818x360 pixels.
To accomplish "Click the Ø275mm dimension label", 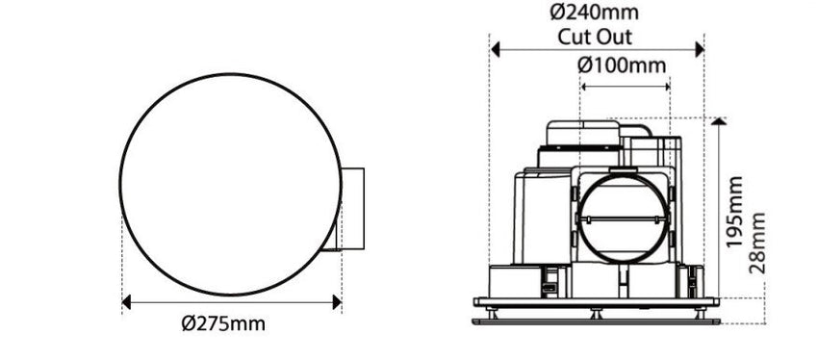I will click(x=222, y=323).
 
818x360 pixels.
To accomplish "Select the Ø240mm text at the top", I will click(x=595, y=13).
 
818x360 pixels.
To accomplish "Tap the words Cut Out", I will click(x=595, y=38).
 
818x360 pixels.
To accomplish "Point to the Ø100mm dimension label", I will click(x=622, y=65).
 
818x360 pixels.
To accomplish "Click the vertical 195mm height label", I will click(x=735, y=212).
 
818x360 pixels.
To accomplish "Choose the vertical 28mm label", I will click(x=757, y=243).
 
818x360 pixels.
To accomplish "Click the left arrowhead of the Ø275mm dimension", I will click(x=126, y=302).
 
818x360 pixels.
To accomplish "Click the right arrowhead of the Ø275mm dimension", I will click(x=337, y=302).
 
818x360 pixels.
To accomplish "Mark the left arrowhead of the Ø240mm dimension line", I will click(x=495, y=49).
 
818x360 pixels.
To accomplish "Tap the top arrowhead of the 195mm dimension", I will click(x=719, y=122).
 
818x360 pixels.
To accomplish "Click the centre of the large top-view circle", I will click(x=231, y=185).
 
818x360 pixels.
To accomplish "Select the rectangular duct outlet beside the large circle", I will click(x=351, y=209).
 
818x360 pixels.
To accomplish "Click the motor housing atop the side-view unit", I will click(x=581, y=137).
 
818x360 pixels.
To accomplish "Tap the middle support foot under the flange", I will click(x=596, y=313).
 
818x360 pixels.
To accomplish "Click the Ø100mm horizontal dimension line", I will click(x=625, y=87).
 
